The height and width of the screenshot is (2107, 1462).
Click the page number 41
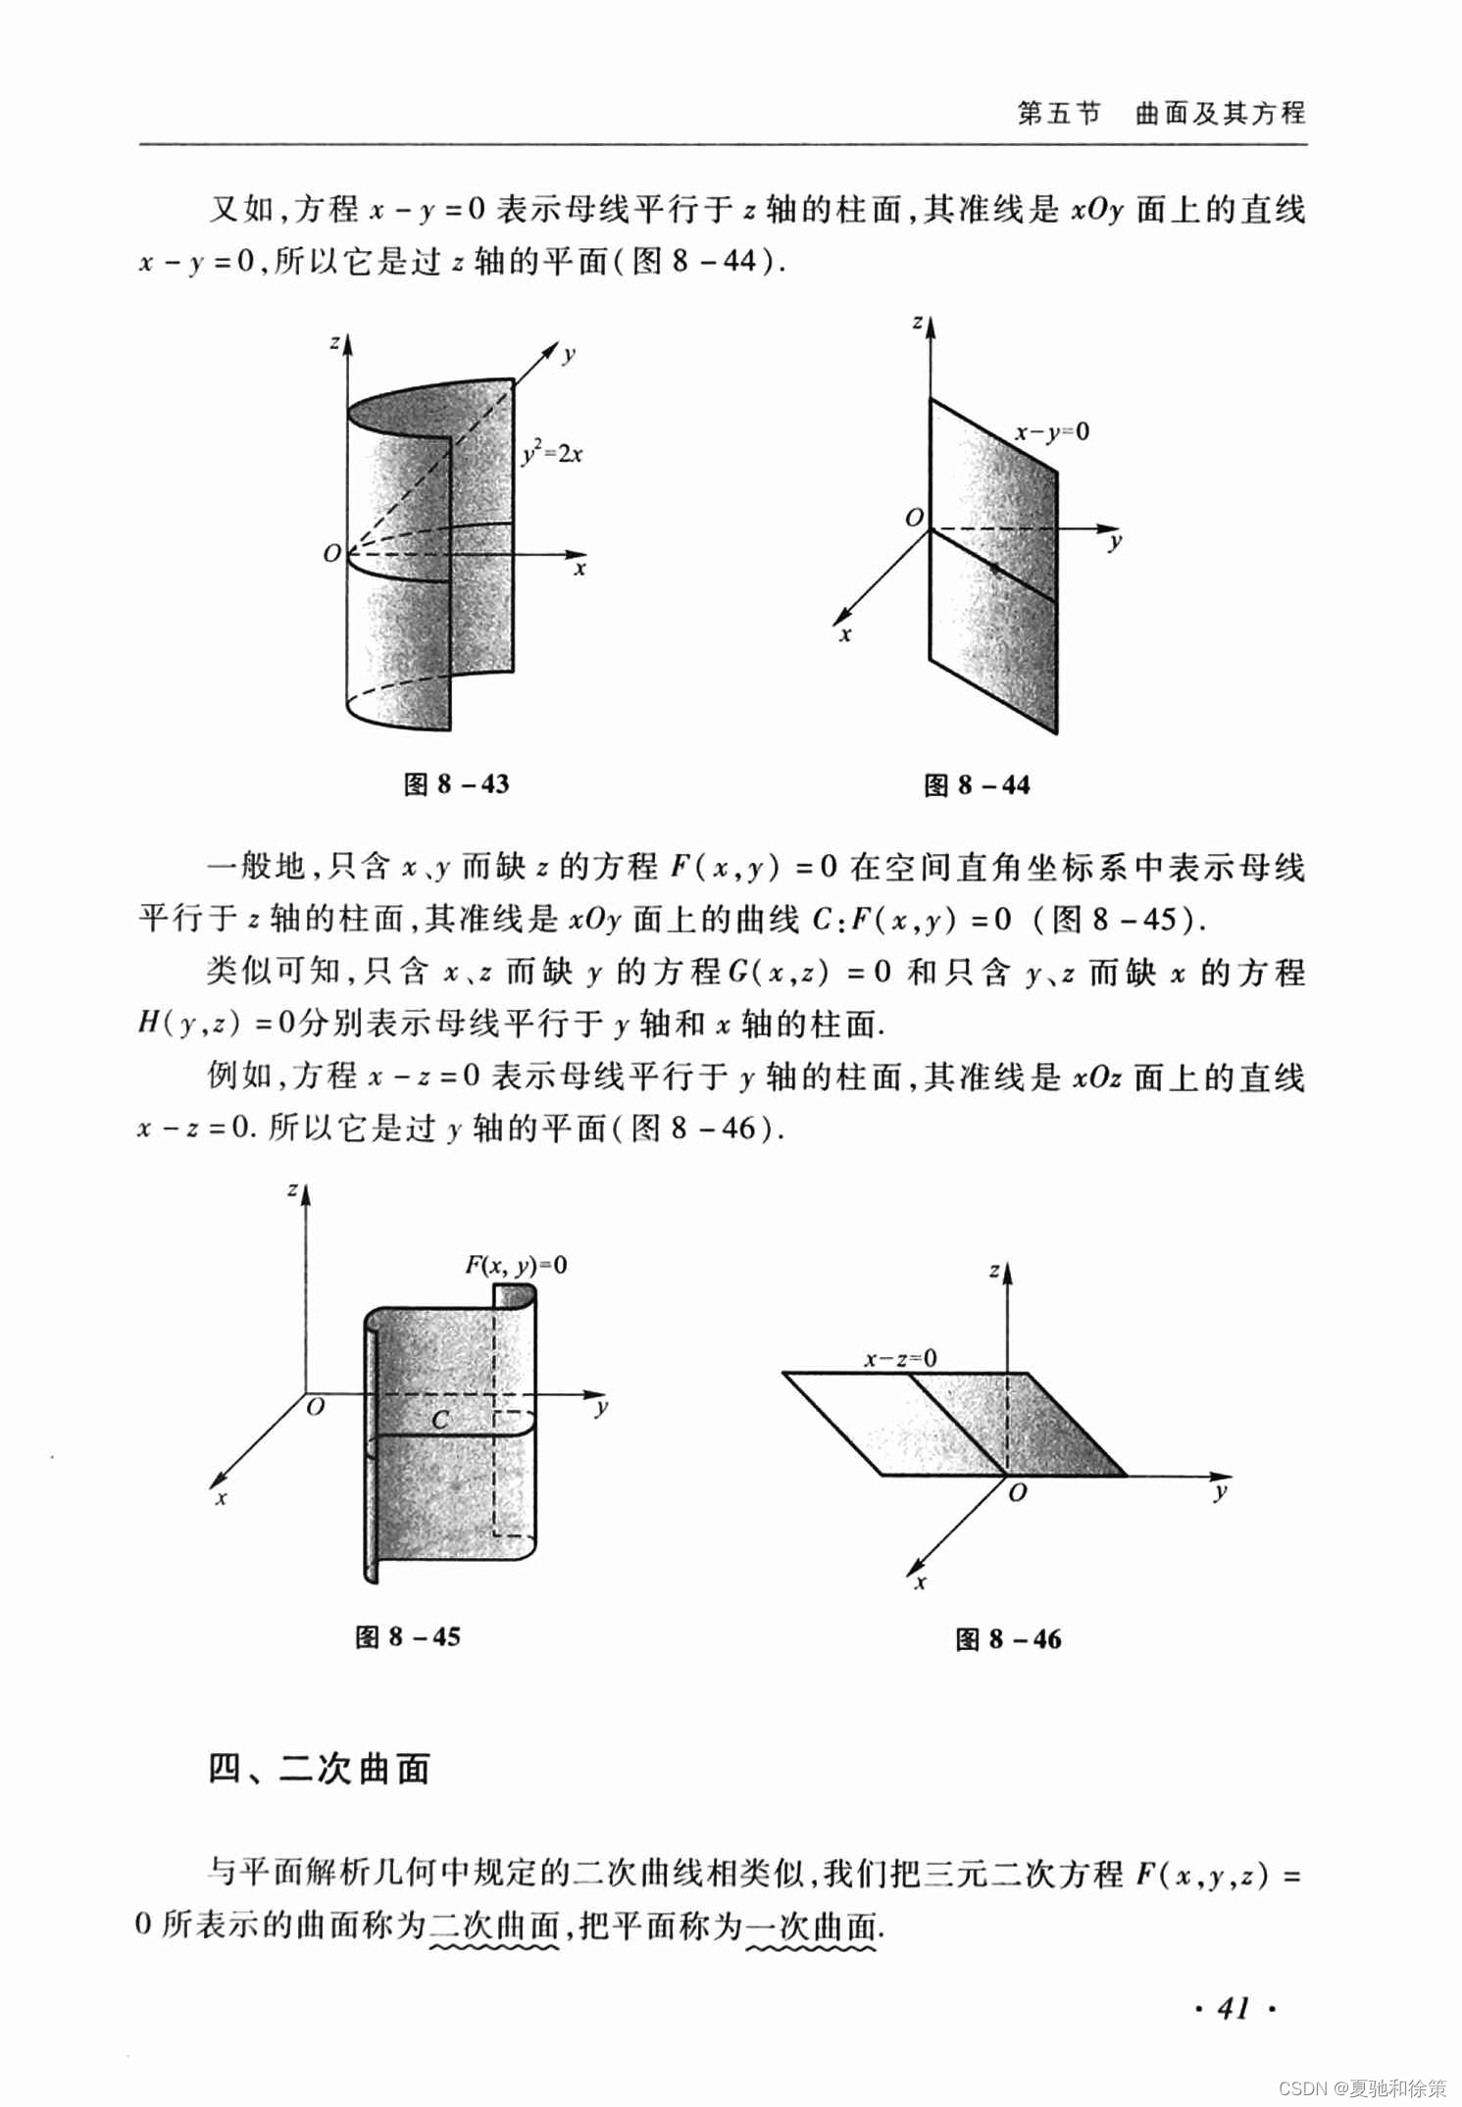pyautogui.click(x=1234, y=2008)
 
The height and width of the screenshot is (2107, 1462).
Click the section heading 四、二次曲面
pyautogui.click(x=320, y=1768)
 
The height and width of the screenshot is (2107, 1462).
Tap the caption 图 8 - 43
pyautogui.click(x=457, y=783)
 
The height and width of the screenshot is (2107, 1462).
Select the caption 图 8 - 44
pyautogui.click(x=978, y=784)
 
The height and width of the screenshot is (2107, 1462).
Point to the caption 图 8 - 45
pyautogui.click(x=408, y=1636)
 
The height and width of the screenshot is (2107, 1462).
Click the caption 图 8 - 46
pyautogui.click(x=1009, y=1638)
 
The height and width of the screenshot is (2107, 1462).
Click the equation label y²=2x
pyautogui.click(x=552, y=453)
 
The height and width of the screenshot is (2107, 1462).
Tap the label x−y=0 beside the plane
pyautogui.click(x=1052, y=431)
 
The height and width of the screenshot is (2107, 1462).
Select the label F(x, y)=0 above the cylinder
pyautogui.click(x=516, y=1265)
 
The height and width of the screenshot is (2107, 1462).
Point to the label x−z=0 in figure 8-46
pyautogui.click(x=900, y=1358)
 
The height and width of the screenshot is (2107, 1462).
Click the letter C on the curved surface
pyautogui.click(x=440, y=1419)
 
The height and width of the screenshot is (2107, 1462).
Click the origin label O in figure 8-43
pyautogui.click(x=332, y=554)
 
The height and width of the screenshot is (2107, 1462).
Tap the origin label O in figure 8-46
pyautogui.click(x=1018, y=1492)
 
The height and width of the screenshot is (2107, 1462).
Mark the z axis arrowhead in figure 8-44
pyautogui.click(x=931, y=326)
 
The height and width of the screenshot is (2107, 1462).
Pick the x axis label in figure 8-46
pyautogui.click(x=920, y=1582)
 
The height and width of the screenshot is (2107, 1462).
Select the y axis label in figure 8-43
pyautogui.click(x=569, y=356)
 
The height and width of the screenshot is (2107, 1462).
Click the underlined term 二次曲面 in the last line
pyautogui.click(x=494, y=1926)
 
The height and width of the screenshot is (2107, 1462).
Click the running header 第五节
pyautogui.click(x=1059, y=114)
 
